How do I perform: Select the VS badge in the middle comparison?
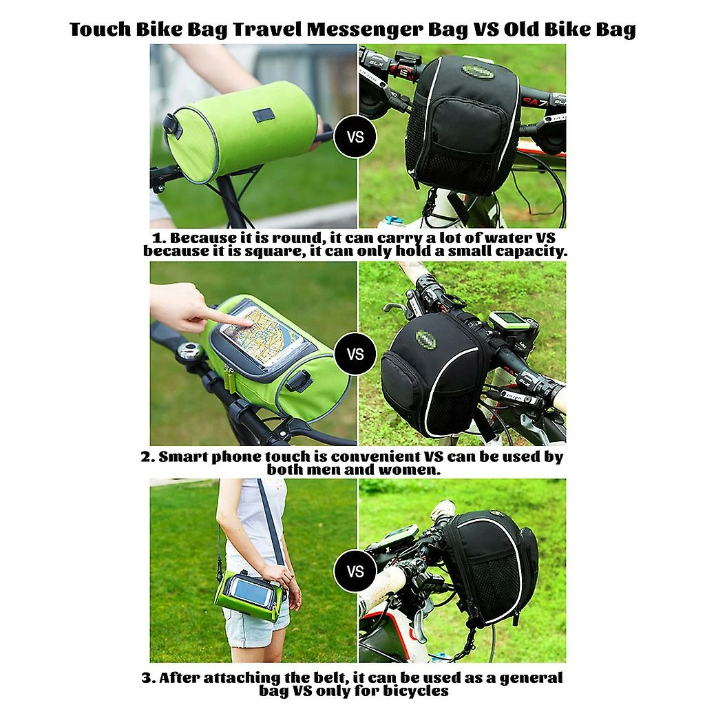tap(355, 355)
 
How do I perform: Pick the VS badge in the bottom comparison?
tap(355, 571)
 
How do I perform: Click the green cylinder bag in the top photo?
tap(241, 131)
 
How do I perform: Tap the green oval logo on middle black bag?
tap(425, 340)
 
